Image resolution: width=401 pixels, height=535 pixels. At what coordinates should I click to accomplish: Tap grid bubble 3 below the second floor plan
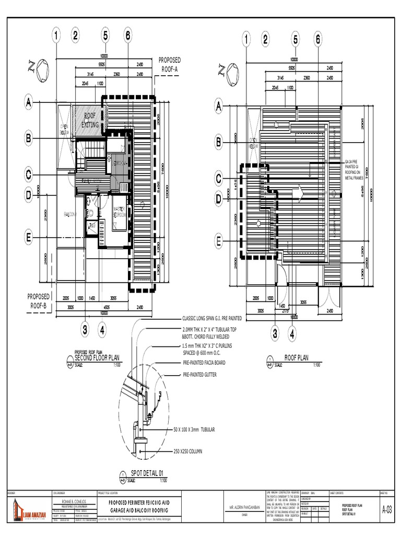tap(85, 330)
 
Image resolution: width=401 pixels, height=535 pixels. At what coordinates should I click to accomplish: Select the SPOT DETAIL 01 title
tap(149, 474)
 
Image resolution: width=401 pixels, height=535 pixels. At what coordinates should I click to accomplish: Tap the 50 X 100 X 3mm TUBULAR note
tap(202, 429)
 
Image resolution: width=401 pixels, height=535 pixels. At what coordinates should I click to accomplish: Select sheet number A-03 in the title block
tap(387, 509)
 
